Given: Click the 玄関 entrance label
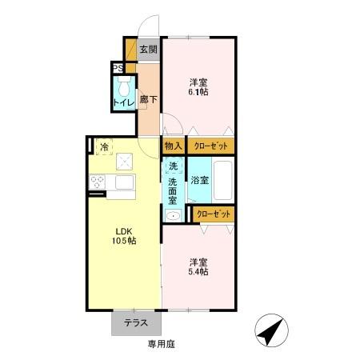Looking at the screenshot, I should [148, 50].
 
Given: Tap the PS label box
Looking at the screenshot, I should [117, 68].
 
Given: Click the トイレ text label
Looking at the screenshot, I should [123, 102].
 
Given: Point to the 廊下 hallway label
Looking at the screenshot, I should [148, 100].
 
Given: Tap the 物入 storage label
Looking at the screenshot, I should [173, 146].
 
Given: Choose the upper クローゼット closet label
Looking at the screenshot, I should [211, 146].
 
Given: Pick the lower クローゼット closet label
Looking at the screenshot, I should [214, 214].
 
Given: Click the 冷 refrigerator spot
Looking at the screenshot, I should [104, 146].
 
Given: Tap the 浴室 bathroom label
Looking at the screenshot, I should [199, 180].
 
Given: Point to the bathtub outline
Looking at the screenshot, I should [224, 181].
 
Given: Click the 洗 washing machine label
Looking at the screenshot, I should [172, 166].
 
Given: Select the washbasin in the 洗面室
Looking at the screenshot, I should [172, 214].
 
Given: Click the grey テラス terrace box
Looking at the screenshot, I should [136, 323].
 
